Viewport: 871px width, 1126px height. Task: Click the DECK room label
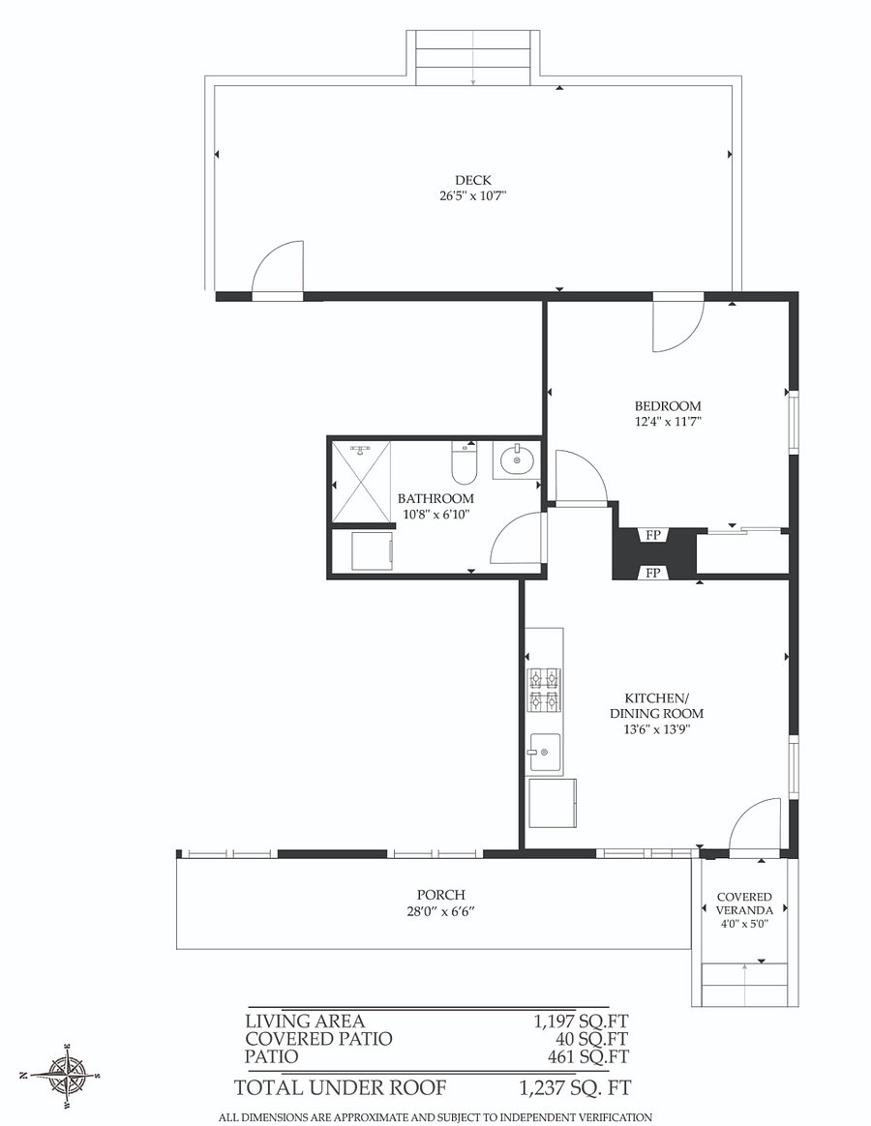coord(473,180)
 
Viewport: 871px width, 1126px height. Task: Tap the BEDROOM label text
coord(668,405)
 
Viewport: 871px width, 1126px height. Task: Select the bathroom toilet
coord(464,464)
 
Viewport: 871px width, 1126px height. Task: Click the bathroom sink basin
coord(517,460)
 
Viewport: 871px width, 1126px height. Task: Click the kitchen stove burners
coord(544,690)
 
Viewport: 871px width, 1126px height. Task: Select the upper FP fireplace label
coord(653,535)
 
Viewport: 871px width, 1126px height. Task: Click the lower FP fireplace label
coord(653,573)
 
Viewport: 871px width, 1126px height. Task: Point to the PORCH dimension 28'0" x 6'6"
coord(441,912)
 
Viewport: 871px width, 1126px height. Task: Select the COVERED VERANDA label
coord(744,904)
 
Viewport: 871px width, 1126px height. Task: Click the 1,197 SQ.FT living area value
coord(581,1022)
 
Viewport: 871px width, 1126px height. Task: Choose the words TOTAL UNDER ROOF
coord(340,1088)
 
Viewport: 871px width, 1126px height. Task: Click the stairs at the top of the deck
coord(473,57)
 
